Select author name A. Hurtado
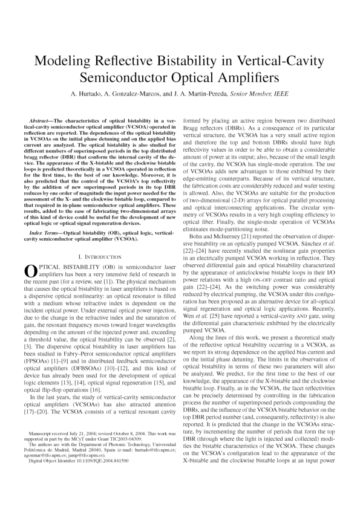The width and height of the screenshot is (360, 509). tap(88, 96)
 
